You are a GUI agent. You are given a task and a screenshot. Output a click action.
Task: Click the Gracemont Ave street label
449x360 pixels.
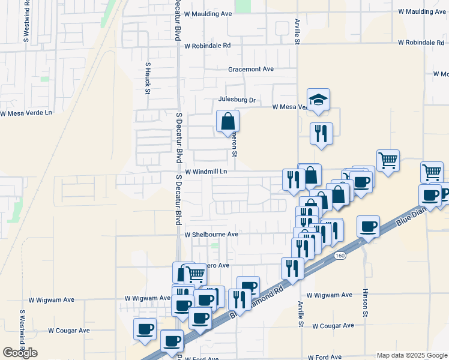250,69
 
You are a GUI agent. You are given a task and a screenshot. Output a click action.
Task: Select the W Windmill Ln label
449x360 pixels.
206,172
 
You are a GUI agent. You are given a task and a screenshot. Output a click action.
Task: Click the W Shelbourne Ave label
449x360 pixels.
211,234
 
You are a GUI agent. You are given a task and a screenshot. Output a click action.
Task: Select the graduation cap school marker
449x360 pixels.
318,100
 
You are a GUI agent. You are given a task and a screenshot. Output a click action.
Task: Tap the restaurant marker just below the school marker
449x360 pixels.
321,133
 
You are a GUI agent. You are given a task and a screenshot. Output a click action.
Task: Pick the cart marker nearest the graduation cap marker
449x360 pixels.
388,160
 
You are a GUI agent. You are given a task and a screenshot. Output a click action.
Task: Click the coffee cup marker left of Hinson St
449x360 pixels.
368,227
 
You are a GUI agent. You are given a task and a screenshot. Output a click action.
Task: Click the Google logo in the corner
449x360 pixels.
20,352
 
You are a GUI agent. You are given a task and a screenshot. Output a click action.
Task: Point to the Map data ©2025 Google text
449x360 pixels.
411,355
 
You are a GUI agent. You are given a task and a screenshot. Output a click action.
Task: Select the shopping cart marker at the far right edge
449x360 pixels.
432,172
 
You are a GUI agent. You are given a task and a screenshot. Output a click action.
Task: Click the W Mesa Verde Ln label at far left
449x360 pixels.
26,113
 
